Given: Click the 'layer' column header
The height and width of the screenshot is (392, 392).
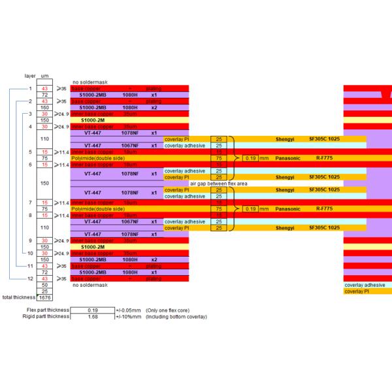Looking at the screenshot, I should tap(29, 76).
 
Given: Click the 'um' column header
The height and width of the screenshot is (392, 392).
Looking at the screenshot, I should tap(45, 76).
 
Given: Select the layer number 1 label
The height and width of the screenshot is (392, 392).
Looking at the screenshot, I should tap(30, 88).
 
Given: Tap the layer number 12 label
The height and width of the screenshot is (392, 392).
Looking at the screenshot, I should tap(29, 279).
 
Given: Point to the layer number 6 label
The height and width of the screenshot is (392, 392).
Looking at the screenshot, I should tap(30, 165).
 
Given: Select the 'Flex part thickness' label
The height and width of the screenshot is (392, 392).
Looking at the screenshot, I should tap(48, 310).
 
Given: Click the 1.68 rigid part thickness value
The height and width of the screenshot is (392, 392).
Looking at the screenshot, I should tap(92, 317).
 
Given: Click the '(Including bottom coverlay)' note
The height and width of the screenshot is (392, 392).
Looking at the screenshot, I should tap(178, 317).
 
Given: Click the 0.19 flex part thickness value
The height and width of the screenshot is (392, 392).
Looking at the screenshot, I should tap(92, 310).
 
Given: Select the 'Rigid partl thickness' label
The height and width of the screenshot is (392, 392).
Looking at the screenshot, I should tap(46, 317).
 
